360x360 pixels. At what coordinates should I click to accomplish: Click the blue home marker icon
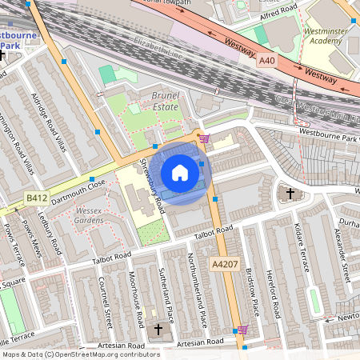click(x=180, y=173)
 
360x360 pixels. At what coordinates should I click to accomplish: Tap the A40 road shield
click(x=266, y=61)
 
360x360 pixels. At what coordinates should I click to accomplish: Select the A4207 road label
click(x=226, y=263)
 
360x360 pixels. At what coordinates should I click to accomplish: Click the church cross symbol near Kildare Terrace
click(x=290, y=194)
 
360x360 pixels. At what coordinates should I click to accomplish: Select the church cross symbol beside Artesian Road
click(x=158, y=330)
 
